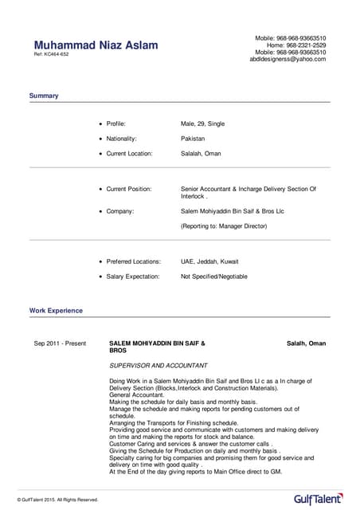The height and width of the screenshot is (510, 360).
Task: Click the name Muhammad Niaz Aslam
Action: point(96,45)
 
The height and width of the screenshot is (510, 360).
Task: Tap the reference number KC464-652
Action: point(51,55)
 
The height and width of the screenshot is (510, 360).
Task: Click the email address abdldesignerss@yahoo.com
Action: point(288,60)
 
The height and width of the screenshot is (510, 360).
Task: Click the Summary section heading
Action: point(44,96)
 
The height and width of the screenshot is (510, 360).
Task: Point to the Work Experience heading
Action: point(56,310)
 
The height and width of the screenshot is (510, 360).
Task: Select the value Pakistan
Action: point(193,139)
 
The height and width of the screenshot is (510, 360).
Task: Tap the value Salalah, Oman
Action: point(201,153)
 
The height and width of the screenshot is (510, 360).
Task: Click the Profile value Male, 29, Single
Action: point(202,124)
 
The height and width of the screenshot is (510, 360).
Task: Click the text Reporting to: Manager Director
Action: point(224,226)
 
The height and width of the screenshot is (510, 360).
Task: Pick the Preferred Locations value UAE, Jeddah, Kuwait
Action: point(209,261)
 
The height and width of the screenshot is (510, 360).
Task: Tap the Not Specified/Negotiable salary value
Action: point(214,277)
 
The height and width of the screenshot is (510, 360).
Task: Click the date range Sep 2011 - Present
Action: point(60,343)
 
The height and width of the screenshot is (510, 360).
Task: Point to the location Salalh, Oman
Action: point(306,343)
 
